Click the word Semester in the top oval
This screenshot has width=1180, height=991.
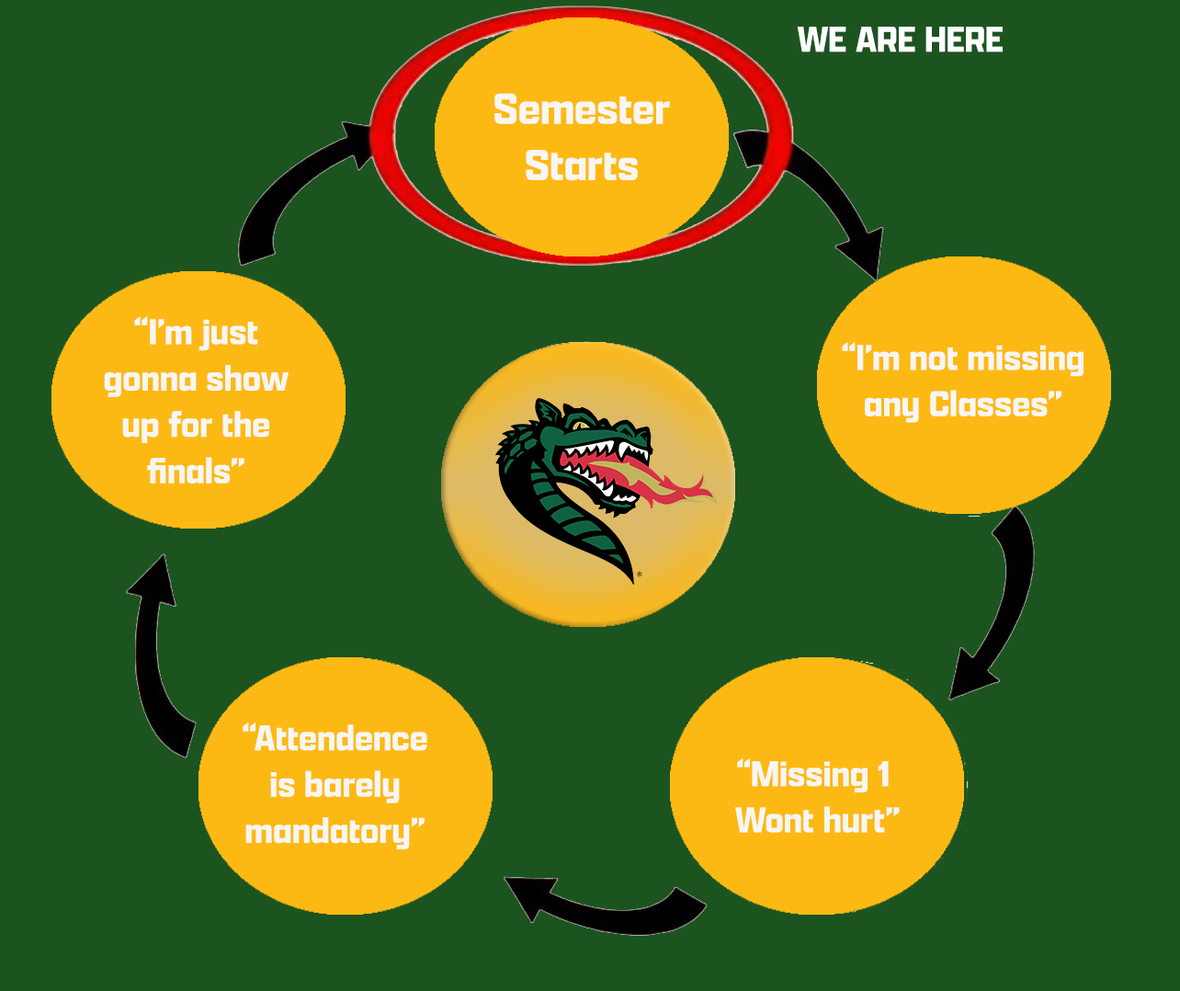[x=581, y=110]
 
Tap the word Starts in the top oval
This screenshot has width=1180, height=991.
[x=581, y=166]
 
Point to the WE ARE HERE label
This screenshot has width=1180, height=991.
[x=900, y=40]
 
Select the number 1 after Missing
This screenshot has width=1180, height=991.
[x=883, y=775]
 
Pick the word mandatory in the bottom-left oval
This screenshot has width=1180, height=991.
[x=329, y=832]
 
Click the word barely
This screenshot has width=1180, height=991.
[x=352, y=786]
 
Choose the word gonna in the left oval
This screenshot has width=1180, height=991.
[x=149, y=381]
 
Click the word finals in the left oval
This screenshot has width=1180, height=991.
[x=190, y=472]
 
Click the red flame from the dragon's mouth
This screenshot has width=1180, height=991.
[x=671, y=488]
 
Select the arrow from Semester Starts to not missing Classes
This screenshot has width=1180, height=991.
[x=823, y=198]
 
